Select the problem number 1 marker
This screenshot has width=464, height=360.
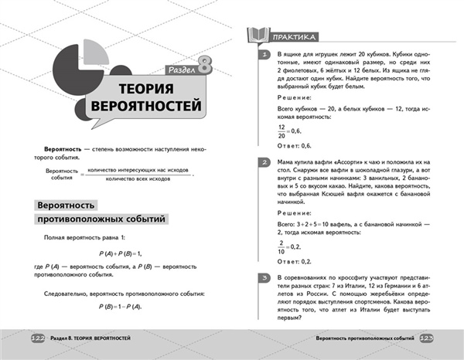click(264, 56)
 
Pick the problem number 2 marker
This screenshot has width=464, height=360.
click(264, 162)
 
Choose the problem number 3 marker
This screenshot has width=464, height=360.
click(264, 277)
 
